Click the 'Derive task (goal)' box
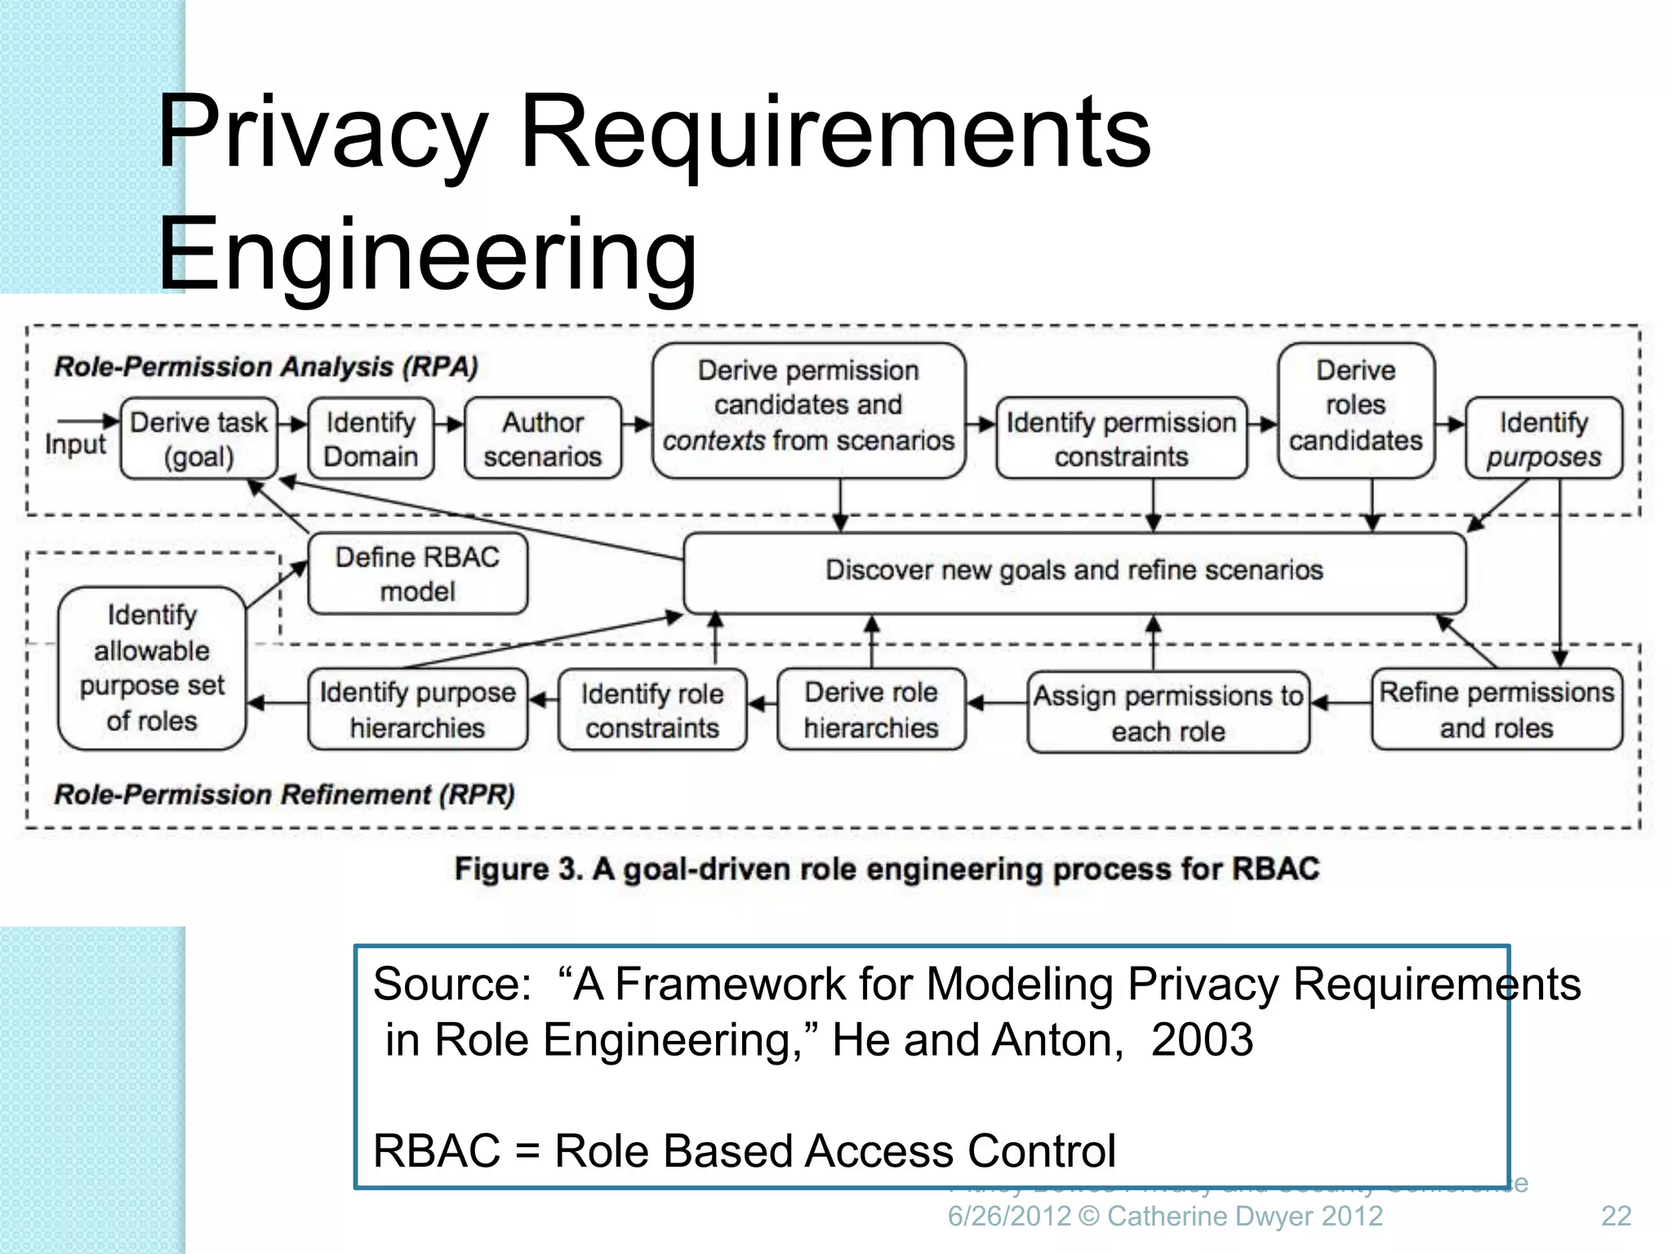pyautogui.click(x=198, y=438)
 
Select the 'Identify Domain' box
pyautogui.click(x=371, y=438)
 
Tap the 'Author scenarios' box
pyautogui.click(x=542, y=438)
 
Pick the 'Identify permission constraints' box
pyautogui.click(x=1121, y=438)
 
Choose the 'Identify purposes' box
pyautogui.click(x=1543, y=438)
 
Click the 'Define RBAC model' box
pyautogui.click(x=417, y=574)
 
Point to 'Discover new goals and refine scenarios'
pyautogui.click(x=1074, y=571)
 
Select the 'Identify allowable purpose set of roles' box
pyautogui.click(x=152, y=668)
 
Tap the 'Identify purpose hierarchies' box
pyautogui.click(x=417, y=709)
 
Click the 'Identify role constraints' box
pyautogui.click(x=651, y=709)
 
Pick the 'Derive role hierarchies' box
pyautogui.click(x=870, y=709)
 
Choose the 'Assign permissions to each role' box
pyautogui.click(x=1167, y=712)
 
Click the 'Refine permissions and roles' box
pyautogui.click(x=1496, y=709)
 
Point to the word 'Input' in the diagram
pyautogui.click(x=75, y=445)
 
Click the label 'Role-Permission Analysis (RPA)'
pyautogui.click(x=265, y=367)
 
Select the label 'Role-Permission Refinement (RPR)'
pyautogui.click(x=284, y=794)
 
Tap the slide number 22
pyautogui.click(x=1616, y=1216)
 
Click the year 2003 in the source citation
pyautogui.click(x=1202, y=1040)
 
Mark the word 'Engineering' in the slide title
pyautogui.click(x=427, y=254)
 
